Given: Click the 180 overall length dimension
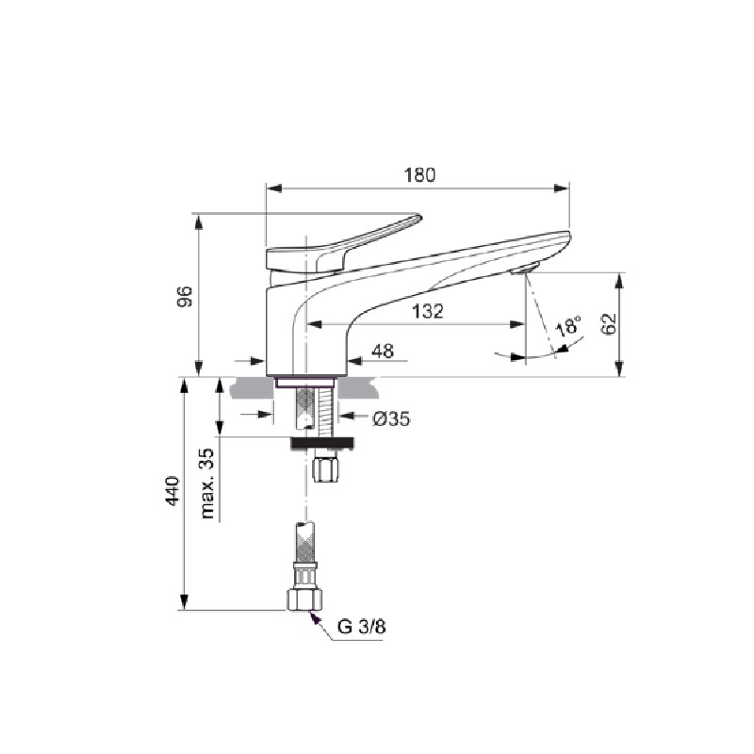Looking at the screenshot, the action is tap(419, 175).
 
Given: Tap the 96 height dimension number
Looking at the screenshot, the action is tap(185, 296).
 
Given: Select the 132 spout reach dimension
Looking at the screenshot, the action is tap(428, 312).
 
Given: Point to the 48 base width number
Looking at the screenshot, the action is tap(383, 351).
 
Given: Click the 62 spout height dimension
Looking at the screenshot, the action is tap(609, 323).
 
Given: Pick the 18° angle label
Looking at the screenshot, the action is tap(568, 326).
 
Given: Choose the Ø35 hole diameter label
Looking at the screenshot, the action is tap(391, 419).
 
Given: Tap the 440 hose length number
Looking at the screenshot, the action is tap(172, 490).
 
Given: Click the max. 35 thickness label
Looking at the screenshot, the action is tap(207, 484).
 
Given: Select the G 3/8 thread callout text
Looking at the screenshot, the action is tap(362, 627).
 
